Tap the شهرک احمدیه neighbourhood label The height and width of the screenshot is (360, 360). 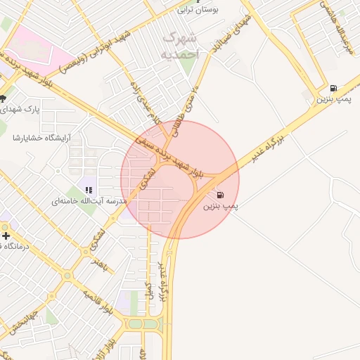point(176,44)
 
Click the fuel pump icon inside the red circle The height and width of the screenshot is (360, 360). point(221,195)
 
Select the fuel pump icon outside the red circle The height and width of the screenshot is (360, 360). point(333,89)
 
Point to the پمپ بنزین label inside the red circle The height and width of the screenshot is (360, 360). point(221,207)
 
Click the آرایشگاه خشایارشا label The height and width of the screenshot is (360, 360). point(39,138)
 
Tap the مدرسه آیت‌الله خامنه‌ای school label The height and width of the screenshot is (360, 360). point(89,201)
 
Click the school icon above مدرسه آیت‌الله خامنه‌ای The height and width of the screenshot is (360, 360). point(89,188)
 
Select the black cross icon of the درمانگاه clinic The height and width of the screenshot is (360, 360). point(6,235)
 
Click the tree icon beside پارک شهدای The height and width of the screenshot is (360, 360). point(3,98)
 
